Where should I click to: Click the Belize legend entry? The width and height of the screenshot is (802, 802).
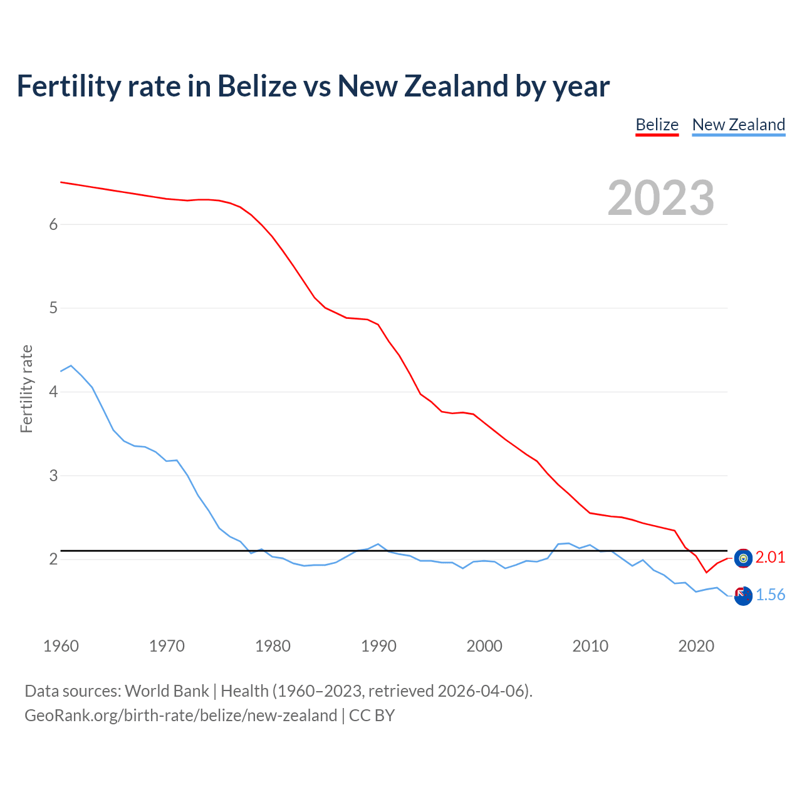(x=657, y=125)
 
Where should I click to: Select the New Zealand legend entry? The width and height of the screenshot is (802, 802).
(x=738, y=125)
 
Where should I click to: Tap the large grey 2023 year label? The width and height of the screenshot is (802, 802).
(x=661, y=198)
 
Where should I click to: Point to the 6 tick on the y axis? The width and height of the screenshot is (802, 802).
(x=53, y=224)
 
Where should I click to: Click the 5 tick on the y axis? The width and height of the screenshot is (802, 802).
(x=53, y=308)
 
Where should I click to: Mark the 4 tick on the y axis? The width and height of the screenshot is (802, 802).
(x=53, y=392)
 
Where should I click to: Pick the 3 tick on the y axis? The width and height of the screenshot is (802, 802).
(x=53, y=476)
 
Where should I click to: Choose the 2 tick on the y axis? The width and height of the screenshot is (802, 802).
(x=53, y=559)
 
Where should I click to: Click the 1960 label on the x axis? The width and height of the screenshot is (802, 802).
(x=61, y=646)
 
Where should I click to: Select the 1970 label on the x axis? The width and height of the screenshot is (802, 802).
(x=167, y=646)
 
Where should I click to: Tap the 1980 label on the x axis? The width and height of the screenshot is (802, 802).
(x=273, y=646)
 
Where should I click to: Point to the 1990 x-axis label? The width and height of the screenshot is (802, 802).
(x=378, y=646)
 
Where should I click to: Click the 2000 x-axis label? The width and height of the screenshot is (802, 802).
(x=484, y=646)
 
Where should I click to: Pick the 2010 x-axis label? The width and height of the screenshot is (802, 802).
(x=590, y=646)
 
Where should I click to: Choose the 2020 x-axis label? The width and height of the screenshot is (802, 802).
(x=696, y=646)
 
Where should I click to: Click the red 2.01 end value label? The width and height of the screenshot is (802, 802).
(x=770, y=557)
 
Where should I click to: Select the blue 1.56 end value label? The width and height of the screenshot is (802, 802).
(x=770, y=595)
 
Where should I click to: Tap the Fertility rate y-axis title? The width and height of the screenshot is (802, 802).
(x=26, y=388)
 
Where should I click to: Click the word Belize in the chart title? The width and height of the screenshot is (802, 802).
(x=257, y=86)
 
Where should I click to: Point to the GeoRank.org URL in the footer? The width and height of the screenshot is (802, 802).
(x=180, y=716)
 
